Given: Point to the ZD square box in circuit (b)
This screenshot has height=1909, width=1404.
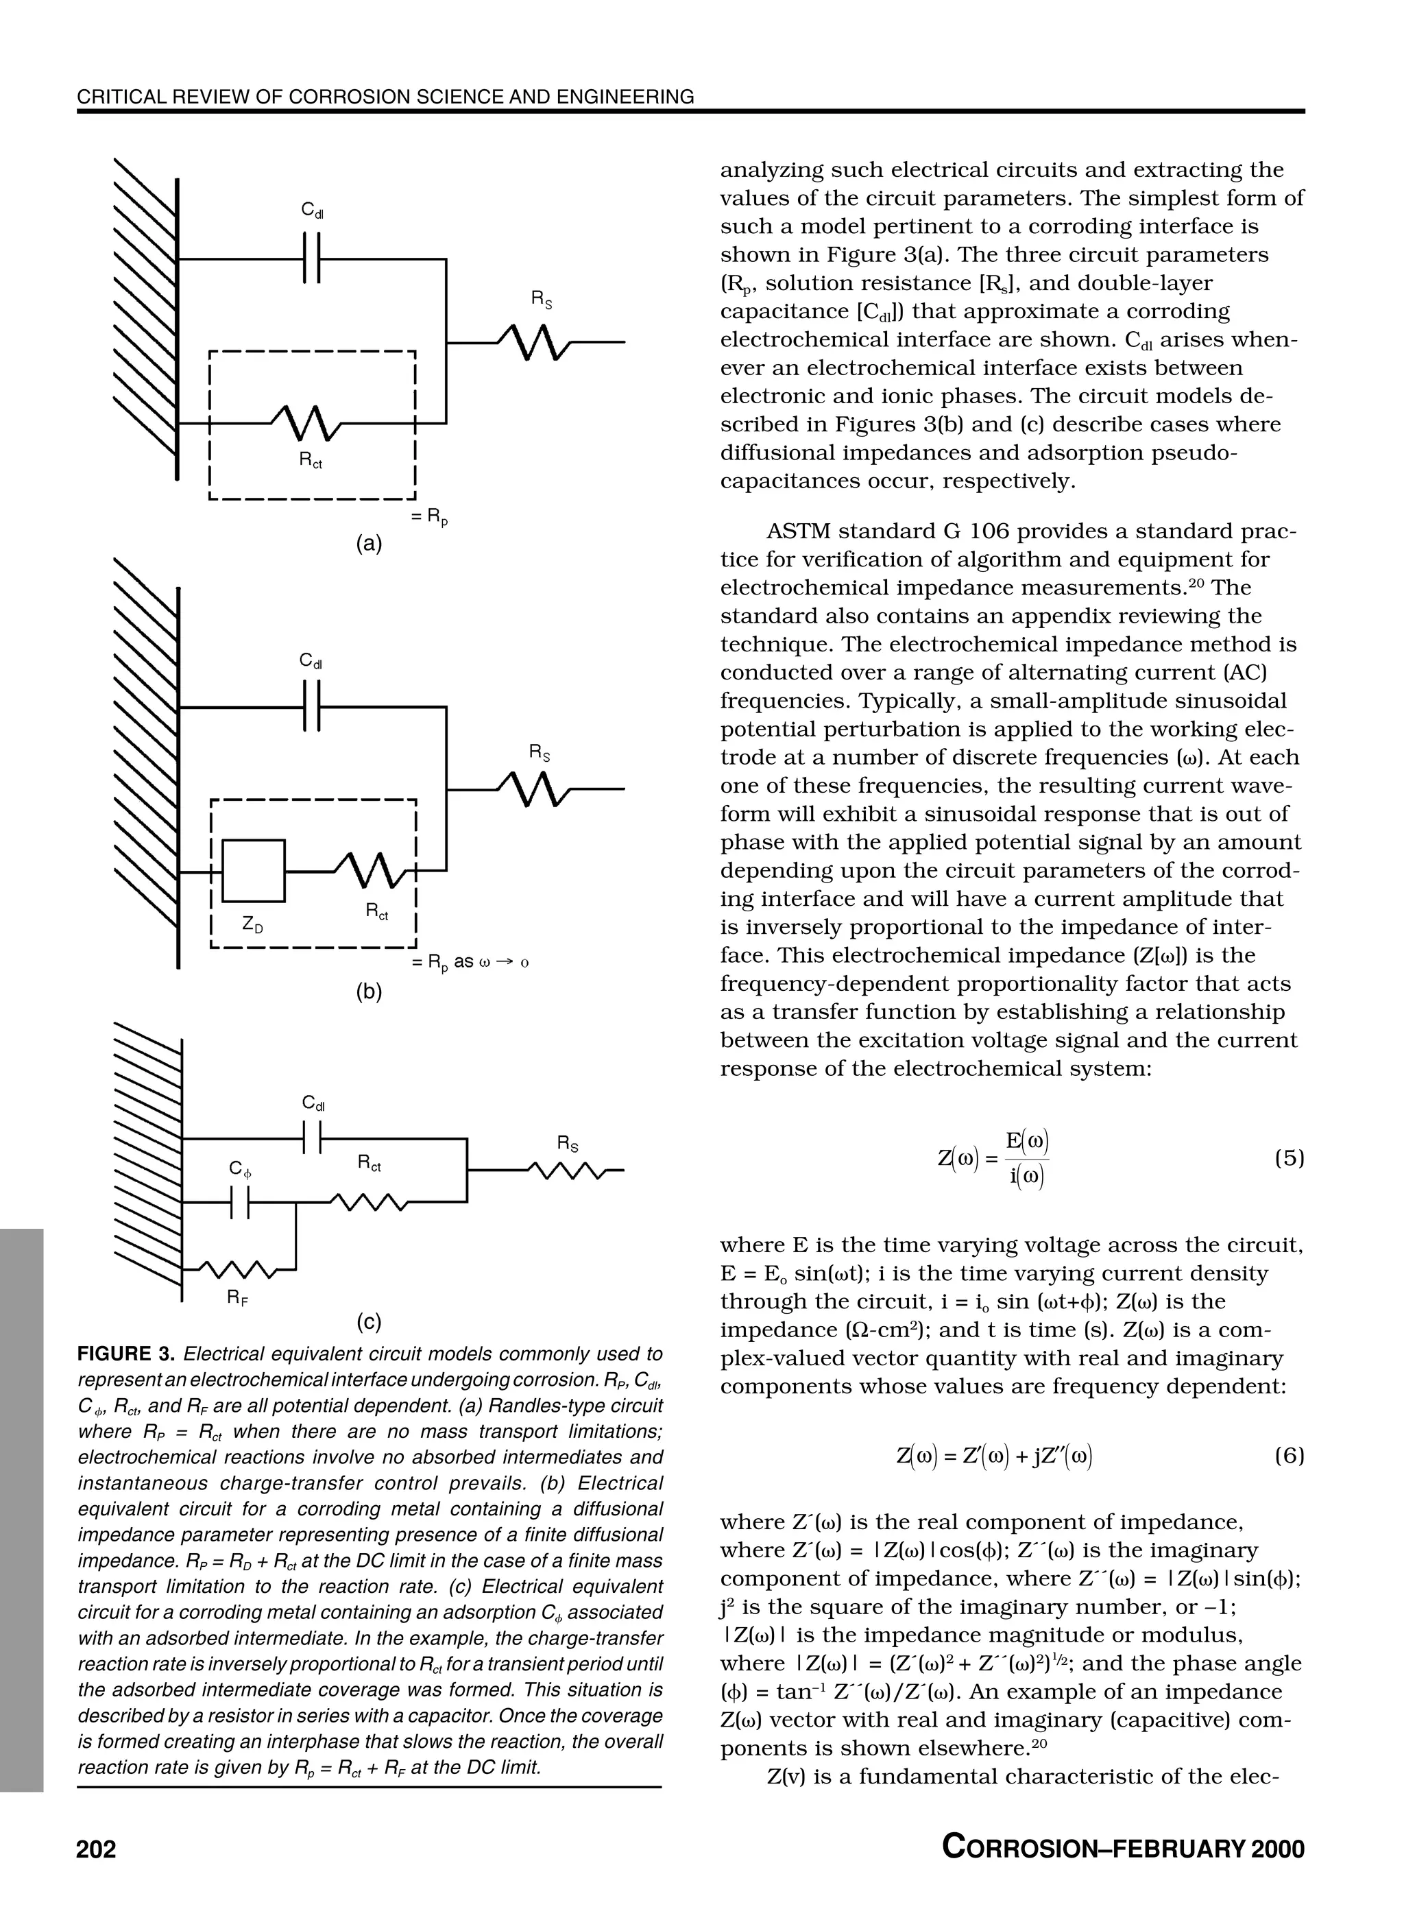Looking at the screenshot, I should [x=253, y=870].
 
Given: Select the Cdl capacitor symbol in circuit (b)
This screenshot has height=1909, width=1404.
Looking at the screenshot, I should [x=311, y=707].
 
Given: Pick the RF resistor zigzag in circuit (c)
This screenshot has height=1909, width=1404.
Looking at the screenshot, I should [x=240, y=1270].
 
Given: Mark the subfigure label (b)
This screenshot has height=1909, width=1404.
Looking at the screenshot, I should [x=369, y=991].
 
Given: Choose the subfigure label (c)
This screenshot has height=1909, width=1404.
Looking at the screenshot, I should [x=369, y=1321].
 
